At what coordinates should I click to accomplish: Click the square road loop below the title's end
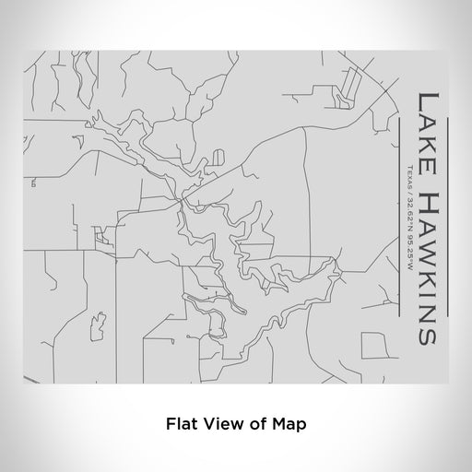click(x=373, y=346)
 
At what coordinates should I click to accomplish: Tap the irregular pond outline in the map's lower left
click(x=94, y=324)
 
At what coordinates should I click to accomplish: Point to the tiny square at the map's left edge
click(x=33, y=183)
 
